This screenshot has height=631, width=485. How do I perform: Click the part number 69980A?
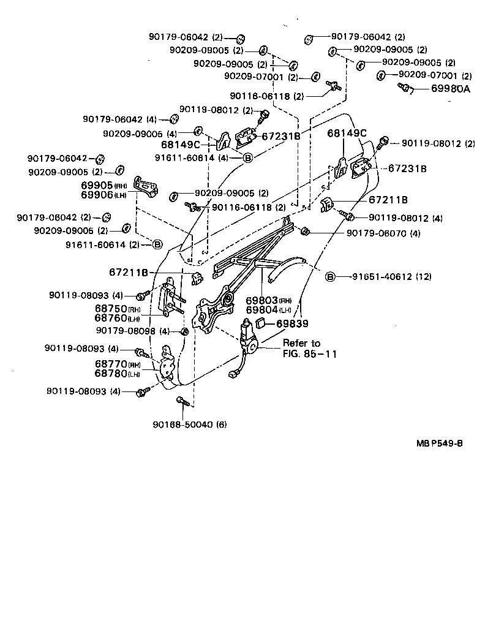coord(450,89)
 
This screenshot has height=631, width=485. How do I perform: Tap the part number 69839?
coord(292,323)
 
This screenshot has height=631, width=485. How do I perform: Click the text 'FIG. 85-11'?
coord(309,354)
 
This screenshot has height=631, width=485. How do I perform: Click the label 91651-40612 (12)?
coord(391,277)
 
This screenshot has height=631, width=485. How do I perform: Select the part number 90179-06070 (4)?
coord(383,233)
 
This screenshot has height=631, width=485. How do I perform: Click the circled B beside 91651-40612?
coord(330,277)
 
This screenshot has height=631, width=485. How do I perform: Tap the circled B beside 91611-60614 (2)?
coord(157,244)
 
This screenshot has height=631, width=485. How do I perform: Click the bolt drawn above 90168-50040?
coord(182,401)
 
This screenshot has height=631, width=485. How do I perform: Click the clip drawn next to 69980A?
coord(405,89)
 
